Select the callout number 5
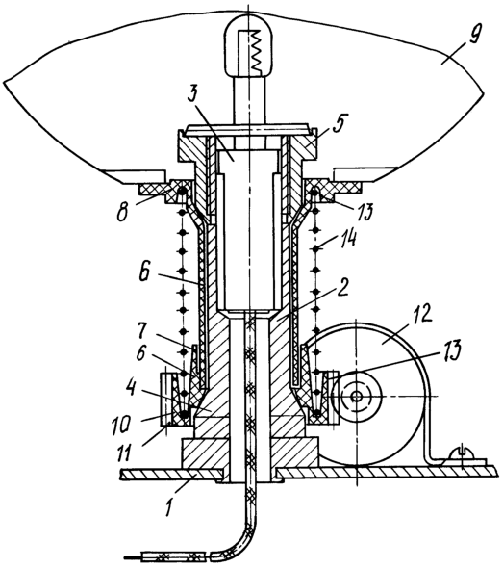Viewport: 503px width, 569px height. pyautogui.click(x=340, y=124)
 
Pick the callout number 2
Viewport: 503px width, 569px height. pyautogui.click(x=341, y=287)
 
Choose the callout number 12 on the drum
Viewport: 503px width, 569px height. pyautogui.click(x=422, y=314)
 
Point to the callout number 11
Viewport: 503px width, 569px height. pyautogui.click(x=124, y=453)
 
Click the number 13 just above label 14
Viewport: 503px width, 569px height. pyautogui.click(x=363, y=211)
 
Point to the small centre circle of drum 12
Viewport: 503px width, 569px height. pyautogui.click(x=357, y=396)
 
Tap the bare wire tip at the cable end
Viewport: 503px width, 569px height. pyautogui.click(x=134, y=556)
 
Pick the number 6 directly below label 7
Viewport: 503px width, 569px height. pyautogui.click(x=141, y=354)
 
